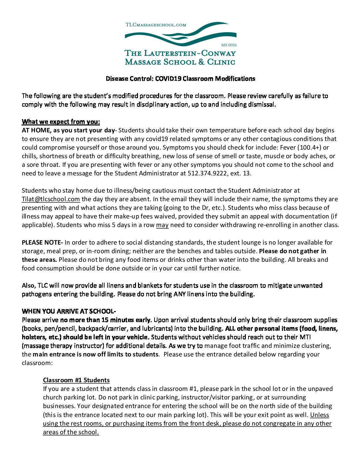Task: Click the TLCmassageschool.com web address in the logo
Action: coord(156,25)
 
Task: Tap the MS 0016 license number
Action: coord(229,45)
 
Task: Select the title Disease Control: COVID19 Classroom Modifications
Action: coord(180,79)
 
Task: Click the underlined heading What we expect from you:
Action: coord(61,122)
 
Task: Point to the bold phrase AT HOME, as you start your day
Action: coord(68,130)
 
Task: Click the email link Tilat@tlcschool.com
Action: coord(51,199)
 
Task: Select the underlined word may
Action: coord(162,225)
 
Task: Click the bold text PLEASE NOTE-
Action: coord(42,243)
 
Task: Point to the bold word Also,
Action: coord(29,286)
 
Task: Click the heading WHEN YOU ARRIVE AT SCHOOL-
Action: coord(69,311)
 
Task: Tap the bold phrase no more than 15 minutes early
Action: coord(106,320)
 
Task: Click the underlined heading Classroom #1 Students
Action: coord(76,380)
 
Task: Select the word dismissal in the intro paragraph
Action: coord(262,105)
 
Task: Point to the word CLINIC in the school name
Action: coord(221,62)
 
